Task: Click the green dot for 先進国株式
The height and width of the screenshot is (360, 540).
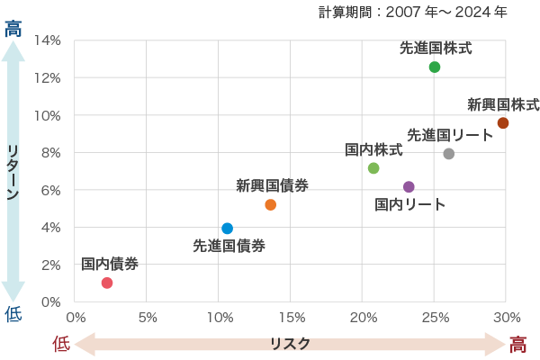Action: tap(435, 67)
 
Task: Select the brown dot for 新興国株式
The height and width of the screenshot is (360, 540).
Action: tap(503, 123)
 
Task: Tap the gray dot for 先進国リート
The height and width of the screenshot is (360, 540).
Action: tap(449, 154)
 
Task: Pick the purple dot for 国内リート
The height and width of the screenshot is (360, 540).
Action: tap(409, 187)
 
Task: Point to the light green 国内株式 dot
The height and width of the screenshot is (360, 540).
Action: tap(373, 168)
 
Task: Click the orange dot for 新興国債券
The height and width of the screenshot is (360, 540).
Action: tap(271, 205)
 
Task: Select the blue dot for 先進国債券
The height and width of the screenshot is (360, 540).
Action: tap(227, 229)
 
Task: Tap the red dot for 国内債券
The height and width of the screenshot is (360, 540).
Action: tap(107, 283)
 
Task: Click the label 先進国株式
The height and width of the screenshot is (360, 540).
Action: tap(436, 49)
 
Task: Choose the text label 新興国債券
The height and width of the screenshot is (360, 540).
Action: tap(273, 186)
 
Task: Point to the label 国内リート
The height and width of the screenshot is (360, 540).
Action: tap(410, 205)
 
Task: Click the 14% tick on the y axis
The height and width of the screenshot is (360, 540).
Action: tap(48, 40)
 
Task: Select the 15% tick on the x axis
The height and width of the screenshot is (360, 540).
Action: tap(292, 317)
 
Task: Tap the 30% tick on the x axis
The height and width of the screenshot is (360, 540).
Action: tap(507, 317)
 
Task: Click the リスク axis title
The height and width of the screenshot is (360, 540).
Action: tap(290, 344)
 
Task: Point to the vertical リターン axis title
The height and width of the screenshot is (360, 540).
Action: tap(13, 171)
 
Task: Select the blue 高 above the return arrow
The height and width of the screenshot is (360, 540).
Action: tap(13, 29)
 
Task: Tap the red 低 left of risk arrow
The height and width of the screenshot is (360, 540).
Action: tap(60, 343)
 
